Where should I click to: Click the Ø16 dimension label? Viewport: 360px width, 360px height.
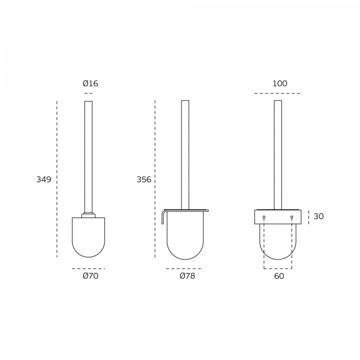tap(90, 83)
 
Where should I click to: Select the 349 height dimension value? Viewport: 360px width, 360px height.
tap(44, 179)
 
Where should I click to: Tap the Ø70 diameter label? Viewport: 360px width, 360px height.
tap(90, 275)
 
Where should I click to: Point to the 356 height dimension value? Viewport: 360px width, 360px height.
tap(144, 179)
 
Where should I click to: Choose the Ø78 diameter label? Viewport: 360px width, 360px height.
tap(187, 275)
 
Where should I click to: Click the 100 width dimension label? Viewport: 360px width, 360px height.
tap(280, 83)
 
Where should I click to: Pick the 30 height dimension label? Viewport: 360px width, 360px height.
tap(318, 216)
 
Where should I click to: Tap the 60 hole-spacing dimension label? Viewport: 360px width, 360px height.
tap(279, 275)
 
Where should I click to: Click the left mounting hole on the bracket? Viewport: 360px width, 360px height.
tap(264, 216)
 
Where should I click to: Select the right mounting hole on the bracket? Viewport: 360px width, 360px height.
tap(292, 216)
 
